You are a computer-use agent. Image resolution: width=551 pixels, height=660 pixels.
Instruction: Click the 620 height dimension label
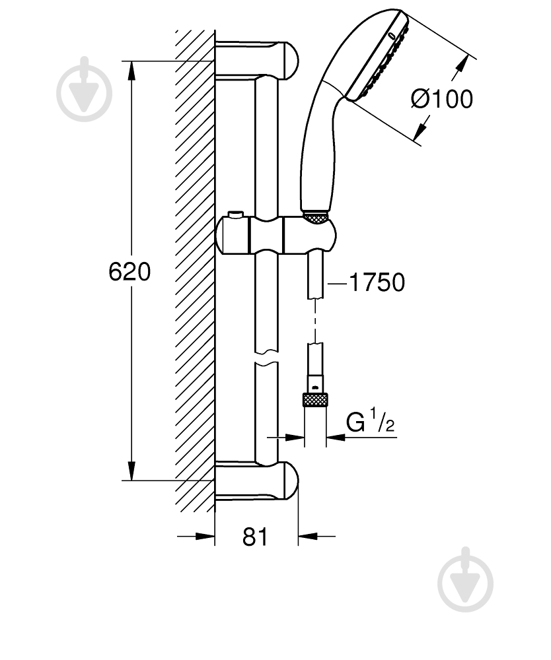click(129, 271)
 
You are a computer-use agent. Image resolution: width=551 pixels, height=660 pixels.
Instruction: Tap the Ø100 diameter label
click(442, 99)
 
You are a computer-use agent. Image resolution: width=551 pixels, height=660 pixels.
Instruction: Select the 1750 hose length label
click(377, 282)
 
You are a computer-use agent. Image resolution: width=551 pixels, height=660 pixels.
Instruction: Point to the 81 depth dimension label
click(255, 537)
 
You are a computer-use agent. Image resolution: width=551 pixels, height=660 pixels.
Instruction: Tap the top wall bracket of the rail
click(256, 60)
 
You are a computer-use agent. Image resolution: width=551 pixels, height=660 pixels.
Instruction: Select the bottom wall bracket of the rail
click(256, 480)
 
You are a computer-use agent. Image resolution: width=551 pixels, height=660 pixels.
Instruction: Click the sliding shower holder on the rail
click(276, 236)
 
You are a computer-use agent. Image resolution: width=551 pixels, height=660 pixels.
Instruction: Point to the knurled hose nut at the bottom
click(315, 399)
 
